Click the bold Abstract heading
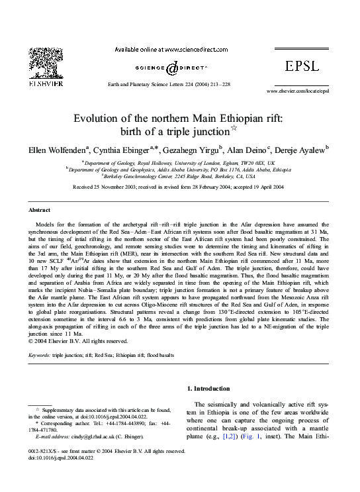pyautogui.click(x=39, y=209)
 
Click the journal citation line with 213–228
pyautogui.click(x=170, y=85)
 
